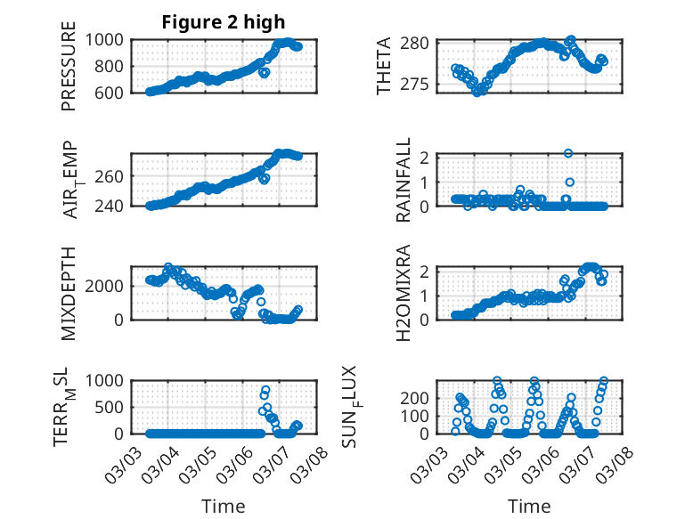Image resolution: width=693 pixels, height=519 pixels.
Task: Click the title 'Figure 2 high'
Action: [224, 22]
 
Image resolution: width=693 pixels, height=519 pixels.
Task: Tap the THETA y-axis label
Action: [384, 67]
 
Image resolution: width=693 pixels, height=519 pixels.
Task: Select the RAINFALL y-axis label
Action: [403, 180]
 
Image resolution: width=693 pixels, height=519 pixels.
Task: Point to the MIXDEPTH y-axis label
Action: [69, 293]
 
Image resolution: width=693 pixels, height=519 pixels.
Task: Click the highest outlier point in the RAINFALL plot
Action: [568, 154]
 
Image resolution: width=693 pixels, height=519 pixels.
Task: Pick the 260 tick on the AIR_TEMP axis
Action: [115, 176]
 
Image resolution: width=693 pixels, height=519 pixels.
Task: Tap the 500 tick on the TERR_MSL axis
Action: [115, 407]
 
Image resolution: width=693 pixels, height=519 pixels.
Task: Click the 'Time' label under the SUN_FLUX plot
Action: [529, 507]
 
